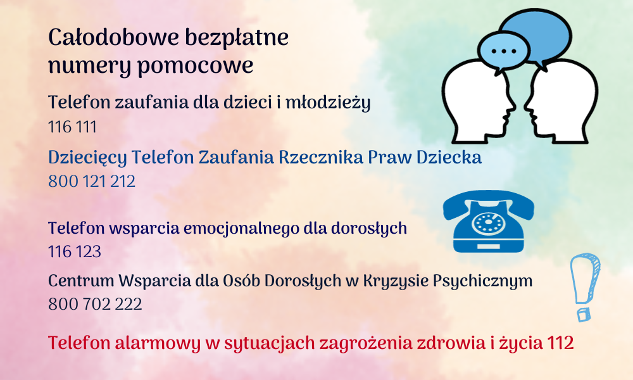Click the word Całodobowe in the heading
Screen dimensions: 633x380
[x=113, y=37]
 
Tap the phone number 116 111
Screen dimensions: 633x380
[x=72, y=127]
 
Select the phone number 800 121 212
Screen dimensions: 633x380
[x=92, y=181]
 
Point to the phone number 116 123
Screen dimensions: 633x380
[x=75, y=251]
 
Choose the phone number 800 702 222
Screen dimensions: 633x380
[x=95, y=303]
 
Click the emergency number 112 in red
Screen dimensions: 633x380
[x=560, y=343]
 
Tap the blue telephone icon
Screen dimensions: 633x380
[x=489, y=221]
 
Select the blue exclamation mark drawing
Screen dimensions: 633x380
[x=584, y=287]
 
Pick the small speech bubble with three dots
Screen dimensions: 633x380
[x=503, y=51]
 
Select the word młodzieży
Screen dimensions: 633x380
[x=328, y=103]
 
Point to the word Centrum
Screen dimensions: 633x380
[x=81, y=281]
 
